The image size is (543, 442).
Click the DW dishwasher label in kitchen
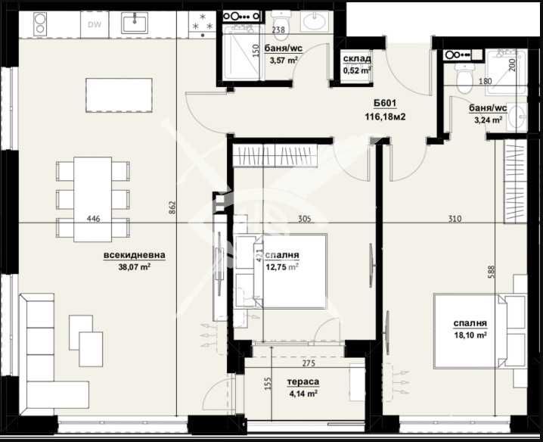(95, 24)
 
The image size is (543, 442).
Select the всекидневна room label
(135, 256)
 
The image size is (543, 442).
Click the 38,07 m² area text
(135, 266)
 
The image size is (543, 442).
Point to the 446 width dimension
(94, 219)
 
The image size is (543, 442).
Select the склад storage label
(357, 59)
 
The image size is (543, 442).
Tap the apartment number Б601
(385, 104)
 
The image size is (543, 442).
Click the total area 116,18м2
(385, 117)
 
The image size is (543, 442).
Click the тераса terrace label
(303, 382)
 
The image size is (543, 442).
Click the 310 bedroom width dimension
(454, 219)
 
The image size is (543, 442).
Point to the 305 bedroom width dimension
(303, 219)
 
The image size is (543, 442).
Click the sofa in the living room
(38, 348)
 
